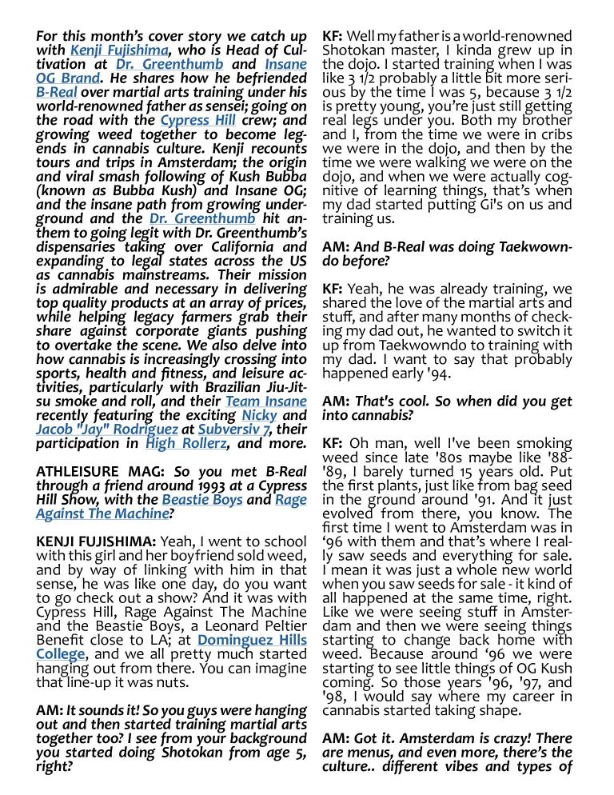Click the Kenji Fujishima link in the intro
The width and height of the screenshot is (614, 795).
[118, 50]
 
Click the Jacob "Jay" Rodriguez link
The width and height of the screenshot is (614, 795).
[106, 429]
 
